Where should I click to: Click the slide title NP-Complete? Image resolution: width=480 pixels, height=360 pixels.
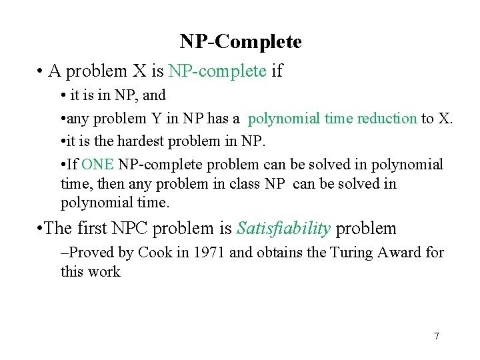(x=240, y=42)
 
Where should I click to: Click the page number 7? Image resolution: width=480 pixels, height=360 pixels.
(x=437, y=336)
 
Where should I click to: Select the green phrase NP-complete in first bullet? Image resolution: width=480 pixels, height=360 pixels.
(x=217, y=71)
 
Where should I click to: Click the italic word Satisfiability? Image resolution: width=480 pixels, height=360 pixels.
(x=283, y=229)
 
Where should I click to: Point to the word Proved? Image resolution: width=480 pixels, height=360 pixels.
(x=95, y=253)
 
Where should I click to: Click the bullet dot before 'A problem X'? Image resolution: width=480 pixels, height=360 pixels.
(x=41, y=71)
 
